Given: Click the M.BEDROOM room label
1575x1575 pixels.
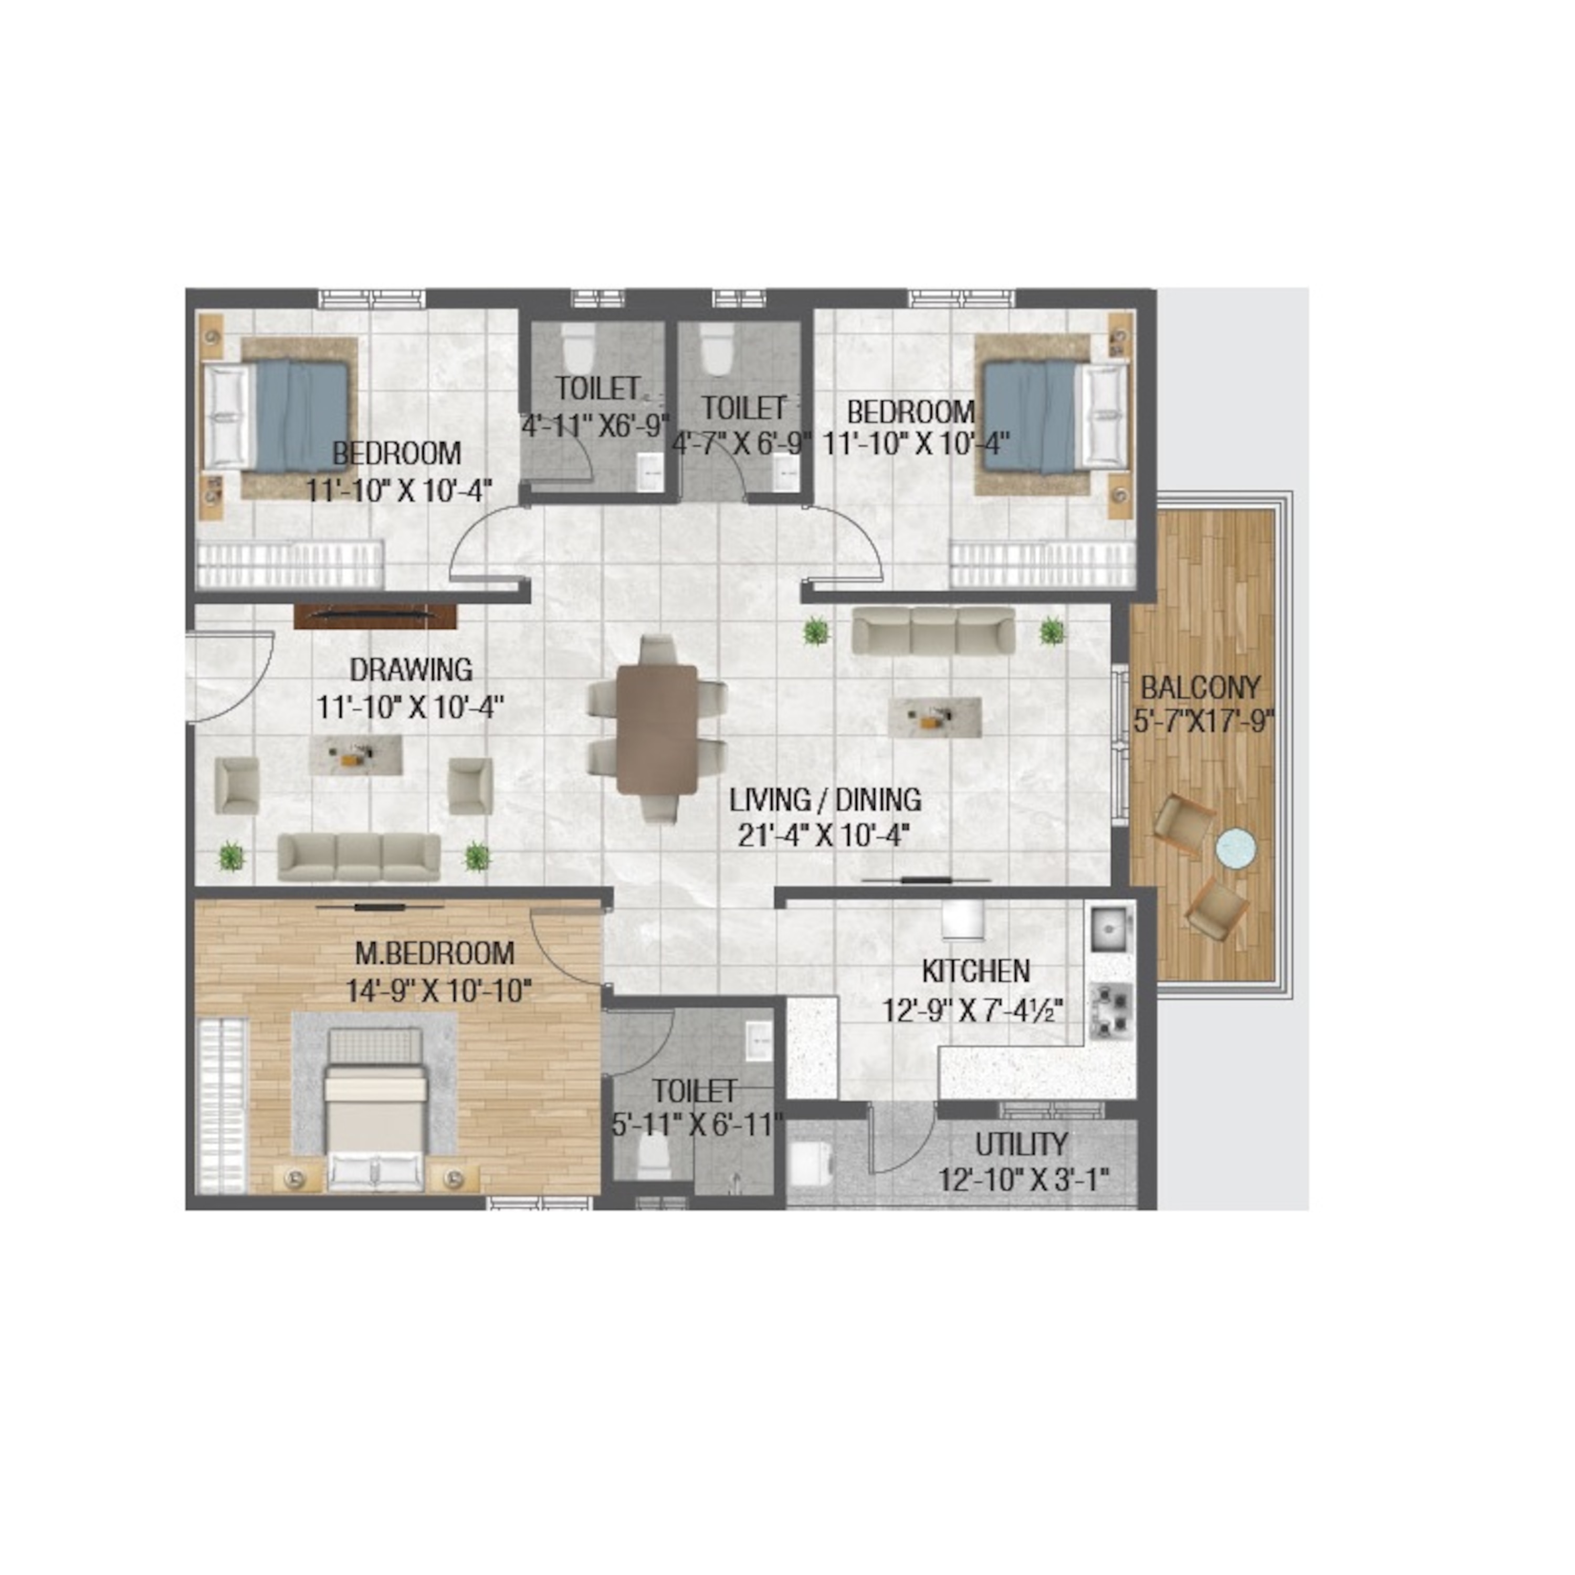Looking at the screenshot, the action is (x=435, y=953).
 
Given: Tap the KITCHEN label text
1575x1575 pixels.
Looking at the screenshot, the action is (x=976, y=971).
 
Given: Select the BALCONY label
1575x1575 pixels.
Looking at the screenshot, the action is (x=1200, y=688).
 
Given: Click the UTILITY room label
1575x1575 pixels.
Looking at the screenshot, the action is (x=1022, y=1144).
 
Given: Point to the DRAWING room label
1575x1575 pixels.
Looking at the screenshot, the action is (x=411, y=669).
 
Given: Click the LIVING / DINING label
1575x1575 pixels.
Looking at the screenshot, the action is (x=825, y=800).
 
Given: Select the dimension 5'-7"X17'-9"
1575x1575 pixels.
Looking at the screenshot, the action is (x=1203, y=721).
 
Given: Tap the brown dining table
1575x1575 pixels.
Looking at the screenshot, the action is (x=657, y=730).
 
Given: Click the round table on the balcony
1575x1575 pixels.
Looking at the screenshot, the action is (x=1236, y=848).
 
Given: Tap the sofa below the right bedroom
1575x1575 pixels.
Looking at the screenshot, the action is (x=933, y=629).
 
